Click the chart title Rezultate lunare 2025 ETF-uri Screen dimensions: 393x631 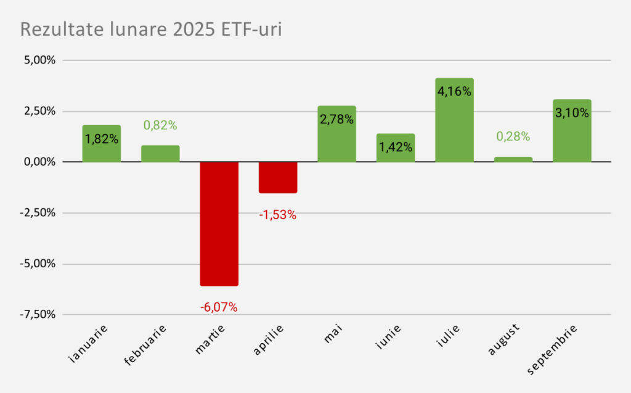click(x=151, y=29)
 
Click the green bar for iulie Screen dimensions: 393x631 click(x=454, y=129)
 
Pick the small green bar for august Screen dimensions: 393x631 click(x=513, y=160)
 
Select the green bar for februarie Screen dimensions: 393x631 click(x=160, y=153)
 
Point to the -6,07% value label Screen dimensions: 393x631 click(x=219, y=307)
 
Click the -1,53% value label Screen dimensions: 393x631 click(x=278, y=215)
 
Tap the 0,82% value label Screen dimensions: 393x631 click(x=160, y=126)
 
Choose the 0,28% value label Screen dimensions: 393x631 click(x=513, y=137)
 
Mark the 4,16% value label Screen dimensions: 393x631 click(x=454, y=92)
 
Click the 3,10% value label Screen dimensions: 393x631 click(x=572, y=113)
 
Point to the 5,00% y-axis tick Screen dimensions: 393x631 click(x=39, y=60)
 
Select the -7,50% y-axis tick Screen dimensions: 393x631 click(x=38, y=315)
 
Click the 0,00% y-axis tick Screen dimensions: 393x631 click(x=39, y=162)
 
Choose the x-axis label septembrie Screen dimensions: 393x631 click(x=553, y=349)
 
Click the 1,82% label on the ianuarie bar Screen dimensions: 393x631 click(x=102, y=139)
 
